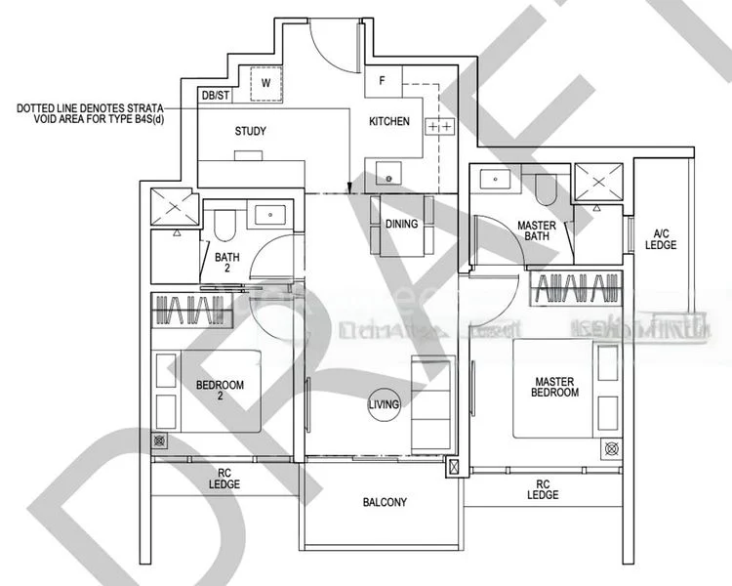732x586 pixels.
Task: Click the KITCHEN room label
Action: coord(388,122)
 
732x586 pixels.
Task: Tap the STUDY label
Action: coord(251,131)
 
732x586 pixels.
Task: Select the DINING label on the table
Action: coord(401,224)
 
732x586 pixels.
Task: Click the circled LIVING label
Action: coord(382,405)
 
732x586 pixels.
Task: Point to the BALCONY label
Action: coord(385,503)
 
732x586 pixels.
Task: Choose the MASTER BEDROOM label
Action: coord(556,386)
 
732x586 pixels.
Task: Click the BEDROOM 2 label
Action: coord(221,391)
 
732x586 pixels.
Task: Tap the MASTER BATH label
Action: coord(536,231)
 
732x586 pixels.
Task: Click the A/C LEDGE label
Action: coord(660,239)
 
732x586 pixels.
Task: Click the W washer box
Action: coord(264,83)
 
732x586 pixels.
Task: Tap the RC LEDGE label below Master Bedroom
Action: coord(543,489)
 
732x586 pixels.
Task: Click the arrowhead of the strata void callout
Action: coord(349,189)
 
